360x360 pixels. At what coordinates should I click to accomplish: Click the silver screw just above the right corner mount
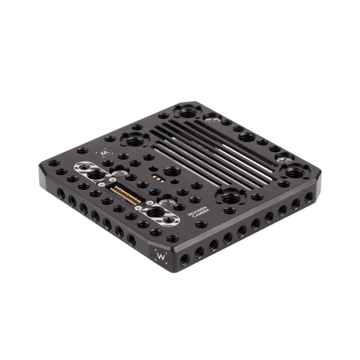[283, 160]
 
